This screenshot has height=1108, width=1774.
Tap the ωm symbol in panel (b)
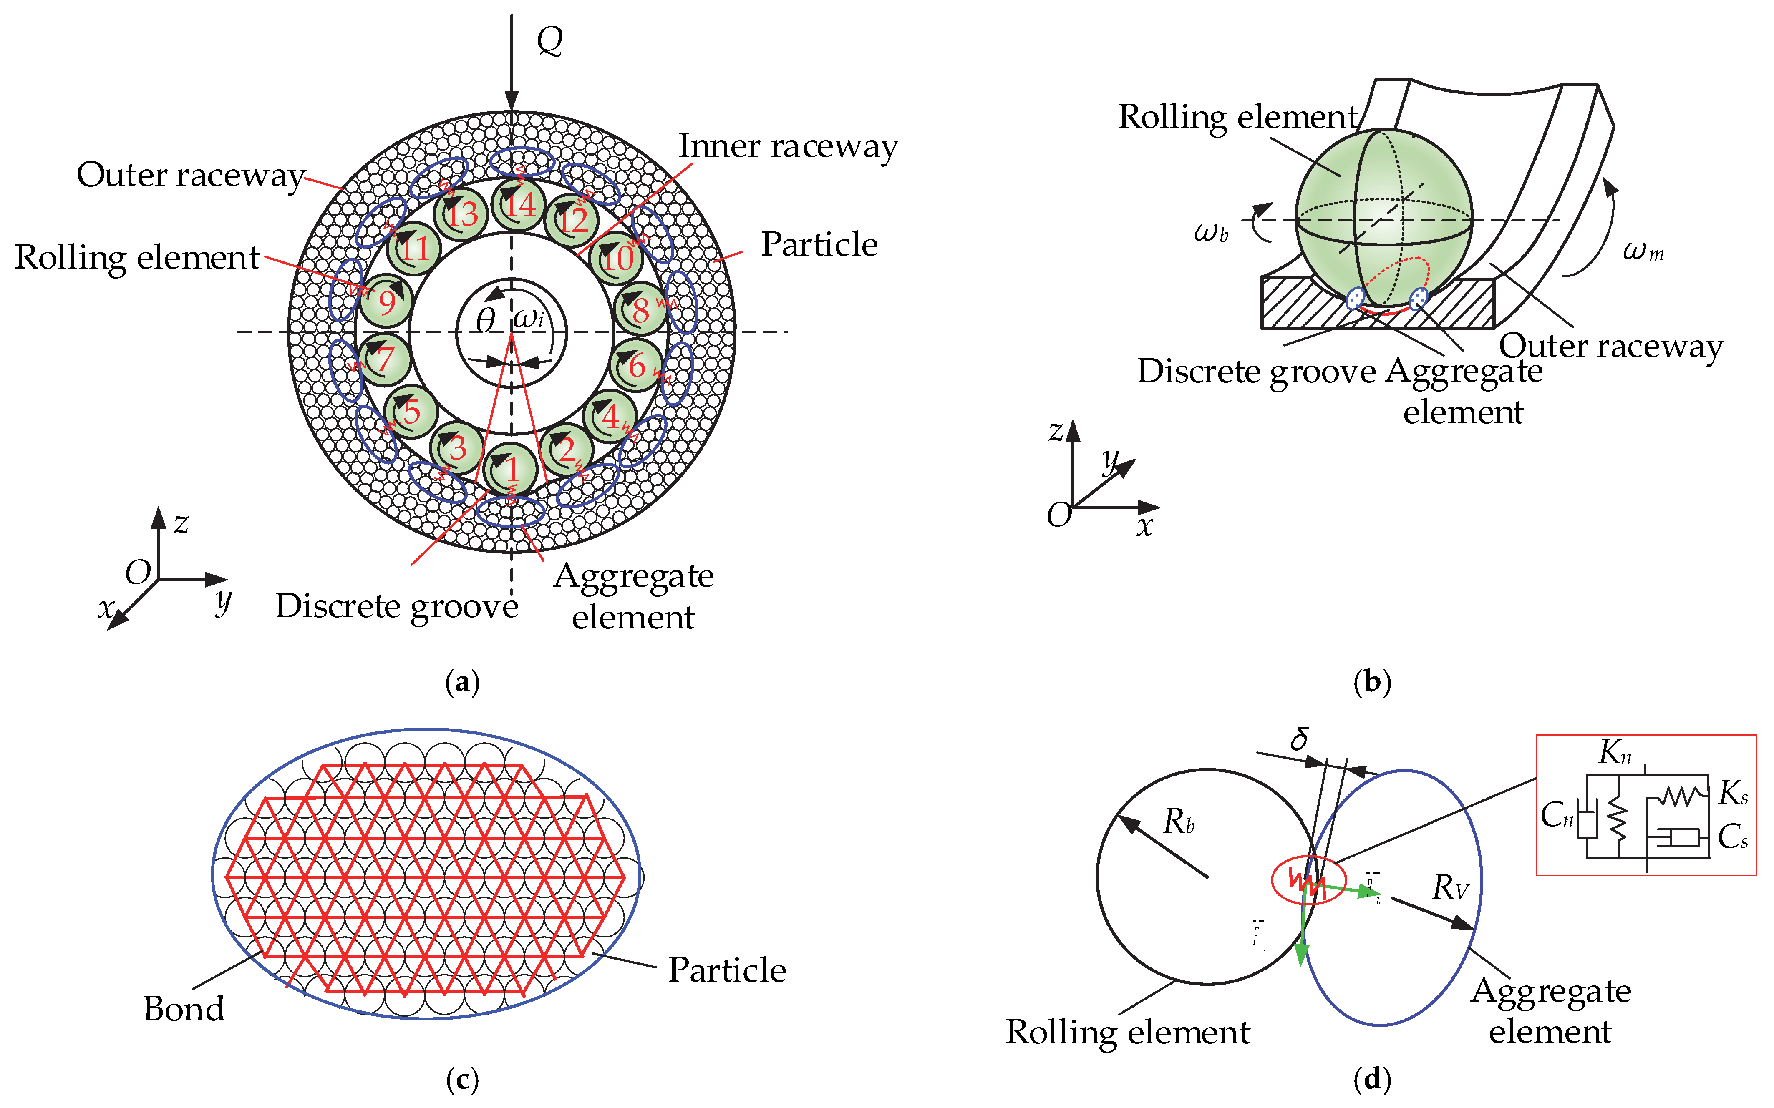[1643, 251]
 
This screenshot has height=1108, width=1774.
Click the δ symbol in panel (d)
[1300, 739]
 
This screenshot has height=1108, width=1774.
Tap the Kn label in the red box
[1615, 752]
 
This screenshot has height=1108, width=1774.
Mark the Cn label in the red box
[1556, 814]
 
